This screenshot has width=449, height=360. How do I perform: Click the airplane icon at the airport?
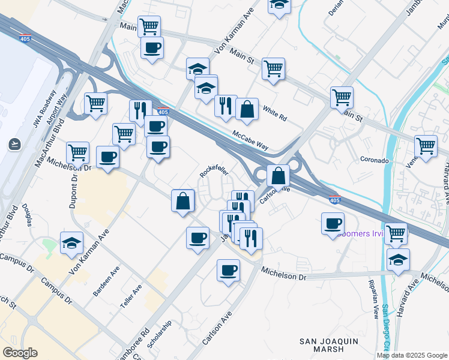(x=14, y=144)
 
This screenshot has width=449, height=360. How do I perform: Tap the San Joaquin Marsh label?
(x=330, y=345)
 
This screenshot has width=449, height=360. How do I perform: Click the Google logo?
(x=20, y=353)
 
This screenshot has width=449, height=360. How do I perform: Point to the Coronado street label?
(x=375, y=160)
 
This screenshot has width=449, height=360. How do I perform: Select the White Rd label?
(x=275, y=113)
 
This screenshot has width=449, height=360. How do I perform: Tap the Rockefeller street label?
(x=214, y=172)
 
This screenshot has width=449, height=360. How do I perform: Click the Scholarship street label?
(x=159, y=332)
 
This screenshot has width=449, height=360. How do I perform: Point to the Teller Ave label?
(x=131, y=296)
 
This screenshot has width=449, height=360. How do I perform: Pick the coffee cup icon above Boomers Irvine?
(x=333, y=224)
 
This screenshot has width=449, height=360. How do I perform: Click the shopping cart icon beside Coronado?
(x=426, y=146)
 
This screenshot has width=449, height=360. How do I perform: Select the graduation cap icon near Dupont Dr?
(x=71, y=244)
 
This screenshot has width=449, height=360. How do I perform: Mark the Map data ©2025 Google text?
(x=412, y=355)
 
